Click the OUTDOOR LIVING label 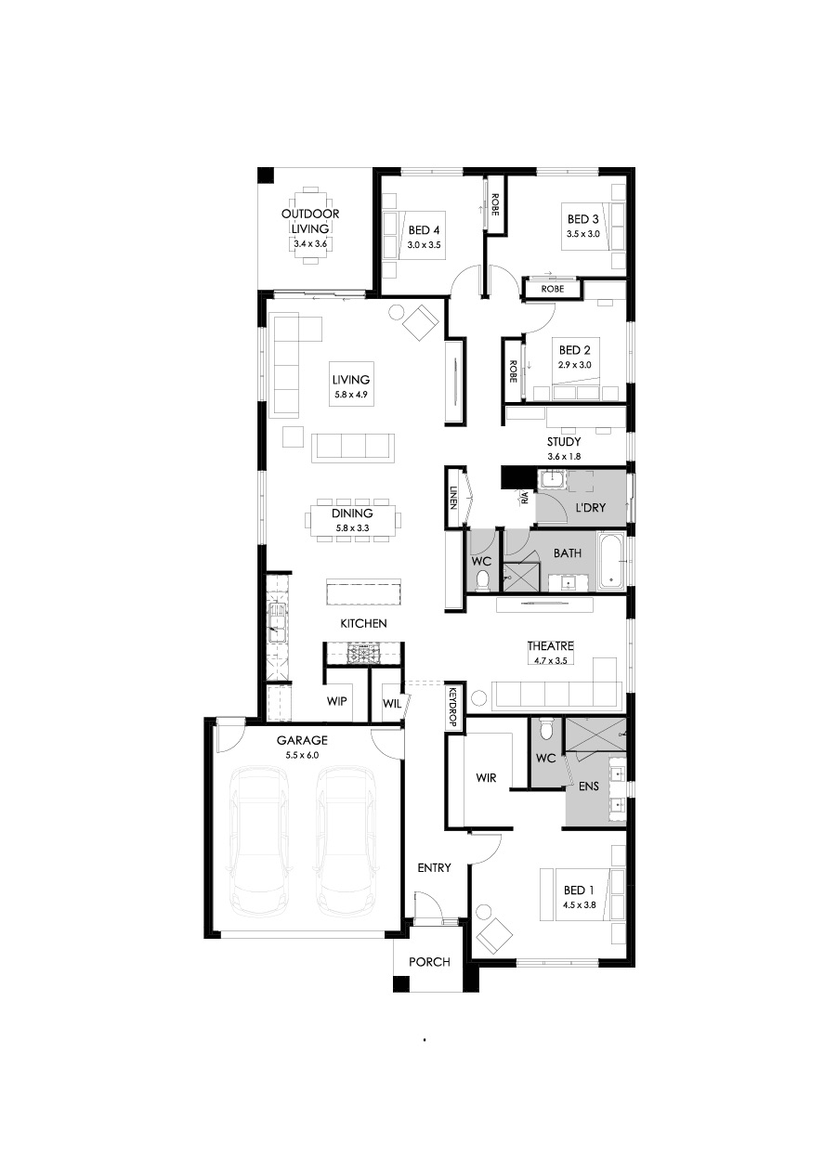click(310, 221)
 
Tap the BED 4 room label click(424, 230)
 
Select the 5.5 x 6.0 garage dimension click(302, 755)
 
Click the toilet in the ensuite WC click(545, 730)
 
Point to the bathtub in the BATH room click(612, 562)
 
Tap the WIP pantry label click(336, 701)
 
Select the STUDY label click(564, 442)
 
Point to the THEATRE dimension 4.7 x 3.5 click(550, 660)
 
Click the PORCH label click(429, 962)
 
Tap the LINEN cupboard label click(453, 498)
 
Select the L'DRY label click(590, 508)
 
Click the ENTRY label click(434, 867)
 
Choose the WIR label click(486, 778)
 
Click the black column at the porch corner click(401, 984)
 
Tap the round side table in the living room click(397, 313)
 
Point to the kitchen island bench click(364, 592)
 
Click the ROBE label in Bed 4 click(495, 203)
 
